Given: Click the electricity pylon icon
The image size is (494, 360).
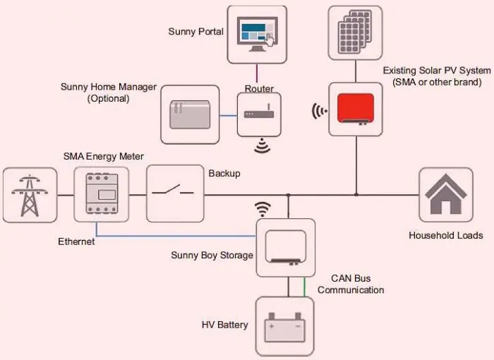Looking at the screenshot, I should coord(30,195).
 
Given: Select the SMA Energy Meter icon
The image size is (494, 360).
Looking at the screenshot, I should coord(102,195).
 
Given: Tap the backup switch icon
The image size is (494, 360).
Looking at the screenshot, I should coord(175,194).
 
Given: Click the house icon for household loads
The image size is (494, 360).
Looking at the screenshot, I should coord(445,195).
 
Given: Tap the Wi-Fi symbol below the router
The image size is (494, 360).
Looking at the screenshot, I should coord(263,146).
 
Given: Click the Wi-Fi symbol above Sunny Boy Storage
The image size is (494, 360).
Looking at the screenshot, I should coord(263,209).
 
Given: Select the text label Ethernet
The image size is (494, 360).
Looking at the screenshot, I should coord(76,241).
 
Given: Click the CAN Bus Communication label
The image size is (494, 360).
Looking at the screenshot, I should coord(351,284).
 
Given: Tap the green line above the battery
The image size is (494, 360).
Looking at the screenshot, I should coord(305,287).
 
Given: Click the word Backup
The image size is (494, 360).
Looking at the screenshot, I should coord(224,174).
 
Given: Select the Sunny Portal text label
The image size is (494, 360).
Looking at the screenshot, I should coord(195,32).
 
